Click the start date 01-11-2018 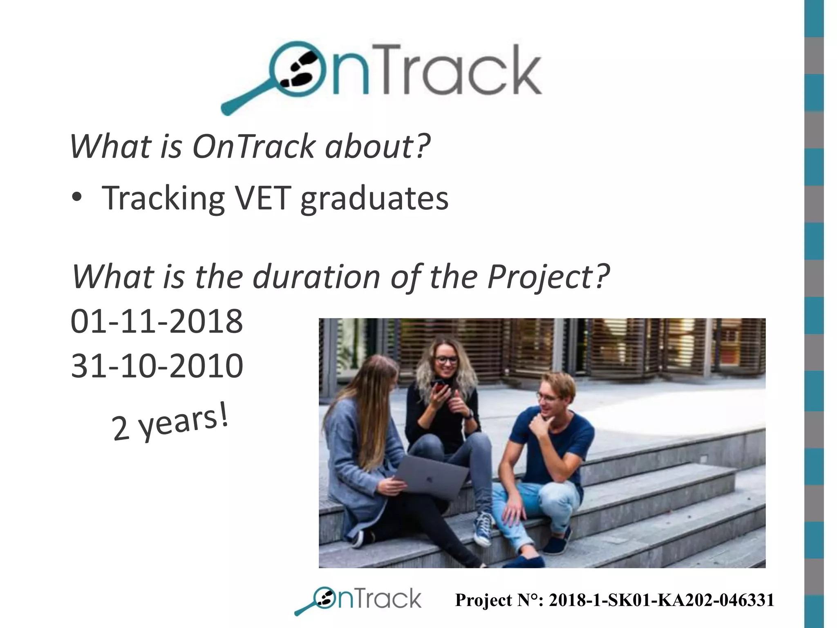[x=157, y=322]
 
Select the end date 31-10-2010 [x=157, y=366]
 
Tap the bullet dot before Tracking [x=77, y=198]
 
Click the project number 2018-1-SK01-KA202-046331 [x=661, y=600]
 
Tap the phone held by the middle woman [x=439, y=386]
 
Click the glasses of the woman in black [x=446, y=360]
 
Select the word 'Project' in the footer [x=483, y=600]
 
